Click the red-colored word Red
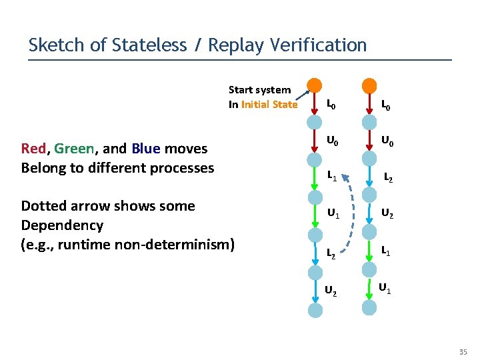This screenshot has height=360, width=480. point(33,149)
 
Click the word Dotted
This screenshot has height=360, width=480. point(44,206)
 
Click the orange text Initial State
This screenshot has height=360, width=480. point(269,104)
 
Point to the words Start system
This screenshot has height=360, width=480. point(259,90)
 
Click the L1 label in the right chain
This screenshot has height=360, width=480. point(386,251)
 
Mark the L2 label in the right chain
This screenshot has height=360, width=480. point(387,179)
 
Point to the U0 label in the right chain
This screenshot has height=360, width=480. point(387,141)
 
